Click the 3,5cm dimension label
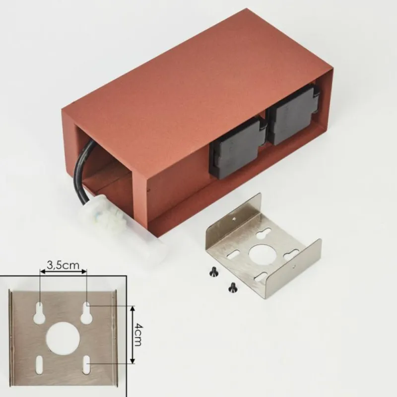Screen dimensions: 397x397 [63, 265]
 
